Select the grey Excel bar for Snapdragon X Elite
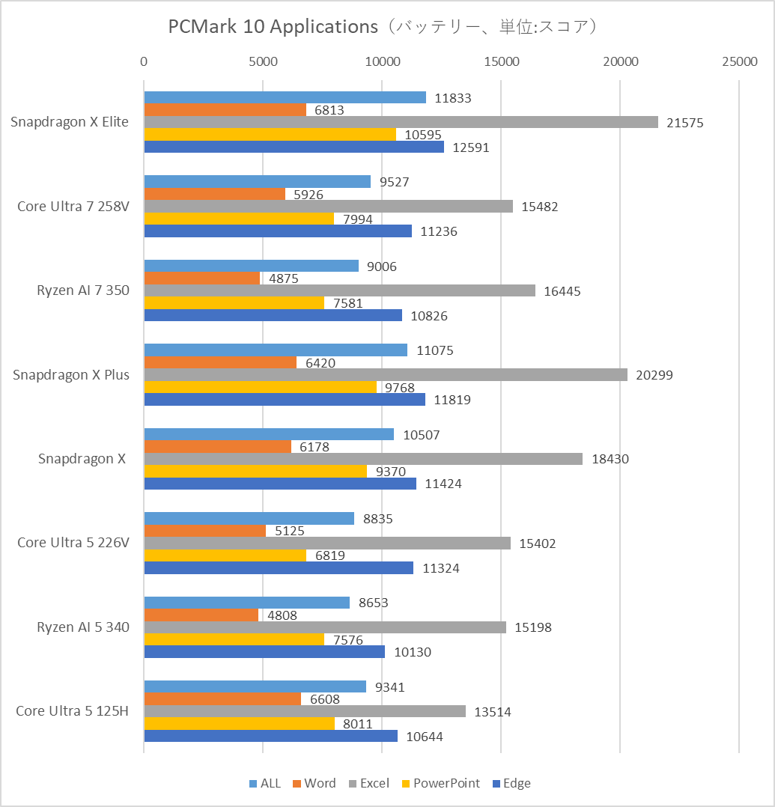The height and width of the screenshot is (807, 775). click(401, 122)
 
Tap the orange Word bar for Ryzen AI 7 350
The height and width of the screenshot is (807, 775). click(201, 278)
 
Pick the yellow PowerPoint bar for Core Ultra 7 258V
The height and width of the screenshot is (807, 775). click(239, 219)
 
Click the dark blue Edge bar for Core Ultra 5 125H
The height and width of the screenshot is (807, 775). click(270, 736)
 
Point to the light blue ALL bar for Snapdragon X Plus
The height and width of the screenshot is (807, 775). click(276, 350)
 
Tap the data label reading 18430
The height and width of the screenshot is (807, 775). click(610, 459)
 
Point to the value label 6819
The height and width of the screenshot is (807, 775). click(330, 555)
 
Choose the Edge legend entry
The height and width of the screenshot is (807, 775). click(511, 783)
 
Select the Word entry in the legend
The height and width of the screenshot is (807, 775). click(314, 783)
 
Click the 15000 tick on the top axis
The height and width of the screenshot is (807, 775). click(501, 62)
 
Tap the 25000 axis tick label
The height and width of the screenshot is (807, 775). click(739, 62)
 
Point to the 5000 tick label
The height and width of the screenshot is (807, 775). click(263, 62)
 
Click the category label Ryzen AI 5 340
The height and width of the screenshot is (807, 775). click(83, 627)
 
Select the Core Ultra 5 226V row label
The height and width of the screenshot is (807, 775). click(73, 543)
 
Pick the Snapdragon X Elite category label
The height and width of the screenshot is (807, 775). click(70, 122)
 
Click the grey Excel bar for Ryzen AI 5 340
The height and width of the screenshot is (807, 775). click(325, 627)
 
